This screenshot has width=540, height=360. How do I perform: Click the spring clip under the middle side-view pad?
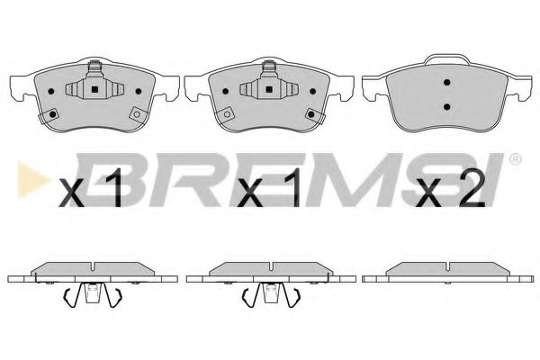[x=269, y=294]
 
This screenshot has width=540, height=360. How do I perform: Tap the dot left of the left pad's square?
[x=57, y=91]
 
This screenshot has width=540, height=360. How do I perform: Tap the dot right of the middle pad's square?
[x=304, y=91]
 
